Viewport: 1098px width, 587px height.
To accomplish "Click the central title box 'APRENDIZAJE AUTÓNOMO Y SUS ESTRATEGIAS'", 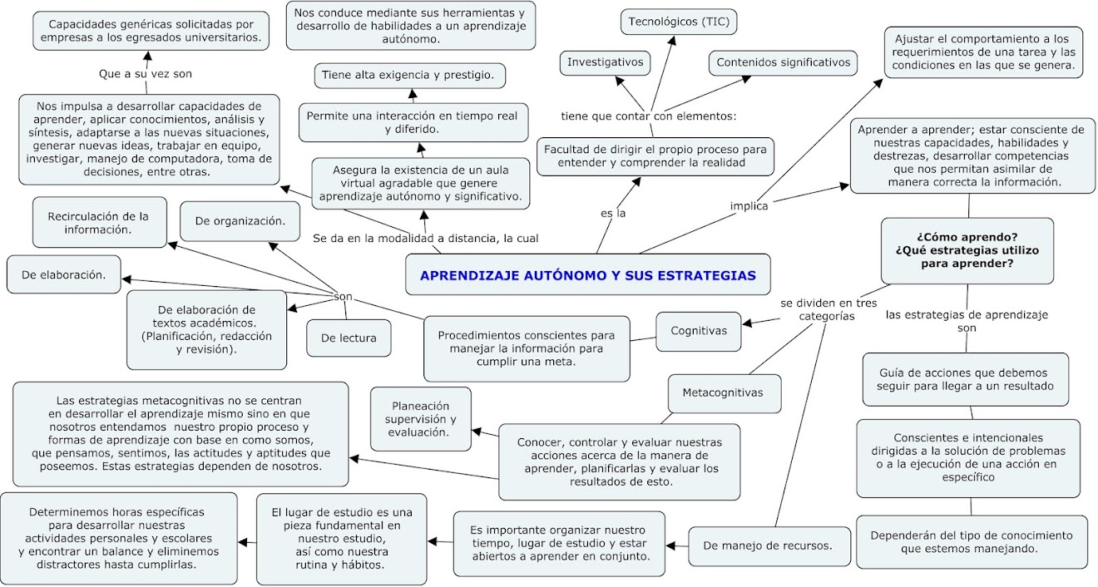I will [587, 275].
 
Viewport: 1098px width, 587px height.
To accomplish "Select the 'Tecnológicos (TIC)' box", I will [680, 21].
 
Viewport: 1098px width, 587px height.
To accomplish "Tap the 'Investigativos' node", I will [605, 62].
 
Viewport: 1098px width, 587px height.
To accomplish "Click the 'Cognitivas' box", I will [698, 331].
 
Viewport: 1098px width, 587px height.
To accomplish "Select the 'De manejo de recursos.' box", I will [766, 546].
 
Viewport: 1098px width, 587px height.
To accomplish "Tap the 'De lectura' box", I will [348, 338].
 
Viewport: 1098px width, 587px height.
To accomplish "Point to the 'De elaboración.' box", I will [62, 275].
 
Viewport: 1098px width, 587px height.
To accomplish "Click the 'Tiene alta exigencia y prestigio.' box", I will [411, 76].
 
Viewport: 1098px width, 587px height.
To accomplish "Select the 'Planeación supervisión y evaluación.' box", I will [420, 419].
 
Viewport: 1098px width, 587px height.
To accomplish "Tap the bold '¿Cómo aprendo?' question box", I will [967, 250].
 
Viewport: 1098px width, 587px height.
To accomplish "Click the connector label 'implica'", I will [749, 206].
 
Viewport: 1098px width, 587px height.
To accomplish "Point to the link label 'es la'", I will [612, 214].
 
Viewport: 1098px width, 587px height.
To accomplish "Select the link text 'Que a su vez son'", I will [146, 73].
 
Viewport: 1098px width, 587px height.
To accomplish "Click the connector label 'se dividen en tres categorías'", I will [828, 309].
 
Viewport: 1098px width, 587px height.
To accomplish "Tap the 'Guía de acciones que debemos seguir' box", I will [969, 379].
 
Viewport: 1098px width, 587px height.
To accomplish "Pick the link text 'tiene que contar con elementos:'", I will [648, 116].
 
